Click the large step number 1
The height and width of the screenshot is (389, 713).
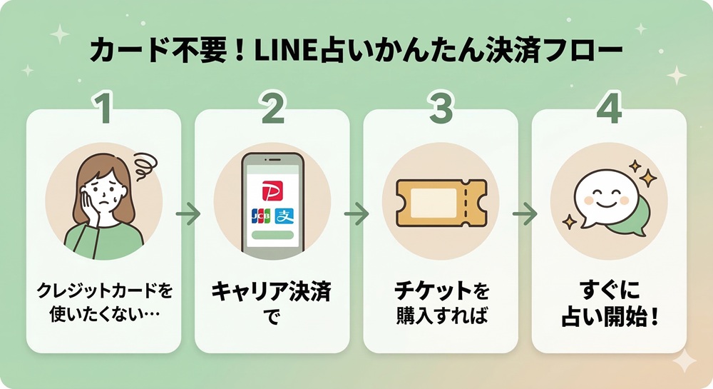[x=105, y=108]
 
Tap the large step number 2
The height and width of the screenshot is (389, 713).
[x=272, y=108]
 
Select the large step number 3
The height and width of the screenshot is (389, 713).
[x=441, y=108]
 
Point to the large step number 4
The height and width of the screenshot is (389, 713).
[x=609, y=108]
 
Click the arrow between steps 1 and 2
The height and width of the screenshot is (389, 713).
[x=188, y=213]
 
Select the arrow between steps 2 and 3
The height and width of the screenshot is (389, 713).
[x=356, y=213]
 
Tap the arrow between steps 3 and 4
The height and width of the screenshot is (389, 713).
[x=525, y=213]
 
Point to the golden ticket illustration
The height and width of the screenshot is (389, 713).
[x=441, y=201]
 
